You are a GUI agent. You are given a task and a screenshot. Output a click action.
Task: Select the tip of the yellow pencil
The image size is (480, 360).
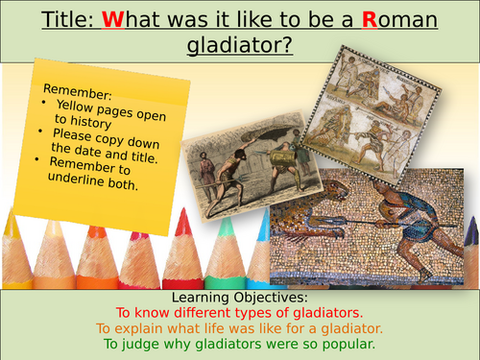(12, 219)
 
